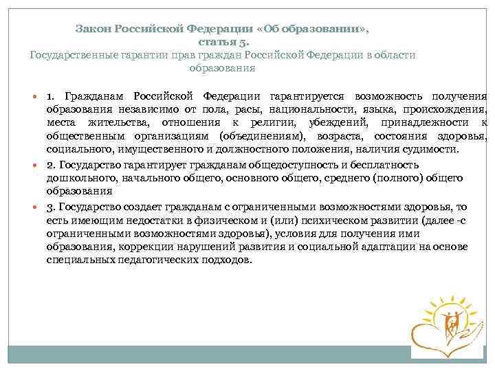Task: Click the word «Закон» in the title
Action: (x=93, y=30)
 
